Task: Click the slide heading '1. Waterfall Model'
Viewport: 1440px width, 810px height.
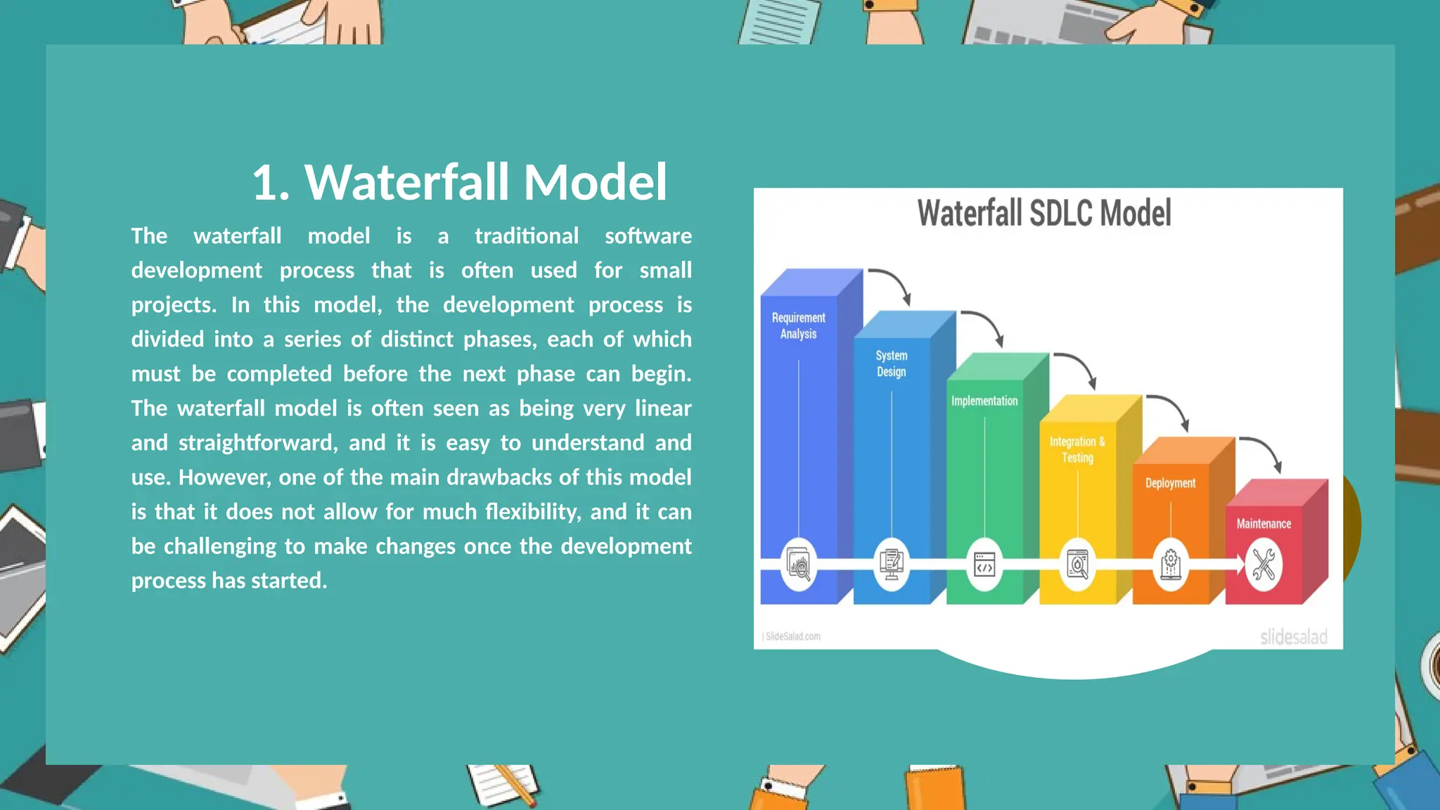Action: (459, 182)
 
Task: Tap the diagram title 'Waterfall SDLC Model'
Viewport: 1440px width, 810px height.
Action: (1044, 213)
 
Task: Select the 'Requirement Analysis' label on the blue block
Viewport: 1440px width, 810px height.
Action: (798, 326)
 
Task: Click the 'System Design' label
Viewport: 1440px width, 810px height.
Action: (891, 364)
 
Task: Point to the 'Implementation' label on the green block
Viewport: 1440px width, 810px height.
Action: (984, 401)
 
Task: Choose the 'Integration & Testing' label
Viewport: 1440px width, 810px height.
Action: (1077, 449)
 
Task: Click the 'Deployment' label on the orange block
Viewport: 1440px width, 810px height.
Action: (1170, 483)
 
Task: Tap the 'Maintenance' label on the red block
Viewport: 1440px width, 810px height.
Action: (1264, 524)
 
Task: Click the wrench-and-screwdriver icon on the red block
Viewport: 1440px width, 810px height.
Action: (1264, 565)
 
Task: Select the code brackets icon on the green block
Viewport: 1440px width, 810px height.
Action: (984, 565)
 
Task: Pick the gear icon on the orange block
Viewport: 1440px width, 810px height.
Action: (1170, 565)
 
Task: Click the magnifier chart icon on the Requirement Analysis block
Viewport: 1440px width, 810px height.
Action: (799, 565)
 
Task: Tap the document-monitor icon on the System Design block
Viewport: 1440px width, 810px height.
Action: (892, 565)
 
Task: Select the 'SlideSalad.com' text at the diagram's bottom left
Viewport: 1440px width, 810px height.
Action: (792, 636)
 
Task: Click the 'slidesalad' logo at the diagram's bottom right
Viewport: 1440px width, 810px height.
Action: (1293, 637)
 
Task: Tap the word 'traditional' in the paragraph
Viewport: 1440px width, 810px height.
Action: (527, 236)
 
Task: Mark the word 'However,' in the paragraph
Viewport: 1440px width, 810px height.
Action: (224, 477)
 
